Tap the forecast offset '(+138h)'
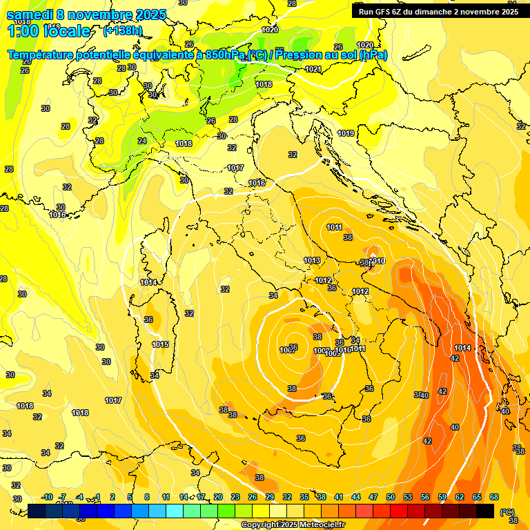(x=122, y=31)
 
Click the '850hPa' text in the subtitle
(x=224, y=55)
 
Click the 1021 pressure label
(x=313, y=69)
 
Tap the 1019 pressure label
(x=346, y=133)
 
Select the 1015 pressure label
(x=160, y=344)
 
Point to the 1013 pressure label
(x=312, y=260)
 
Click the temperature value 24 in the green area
(x=142, y=141)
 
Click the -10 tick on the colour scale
(x=47, y=497)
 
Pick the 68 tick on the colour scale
(x=494, y=497)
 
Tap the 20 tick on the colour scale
(x=217, y=497)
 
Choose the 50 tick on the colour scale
(x=391, y=497)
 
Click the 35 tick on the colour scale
(x=304, y=497)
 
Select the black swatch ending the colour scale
(x=485, y=511)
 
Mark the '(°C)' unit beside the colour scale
(x=507, y=512)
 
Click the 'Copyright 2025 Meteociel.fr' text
(x=293, y=524)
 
